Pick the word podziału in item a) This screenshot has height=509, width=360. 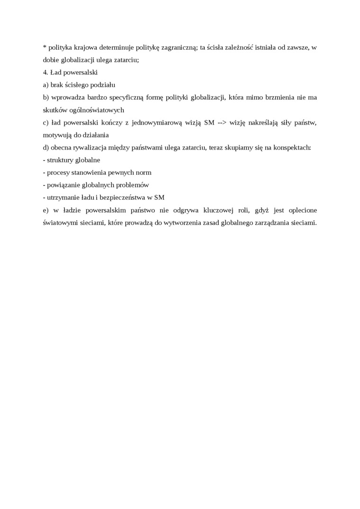coord(103,85)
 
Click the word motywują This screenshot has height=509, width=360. coord(57,135)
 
